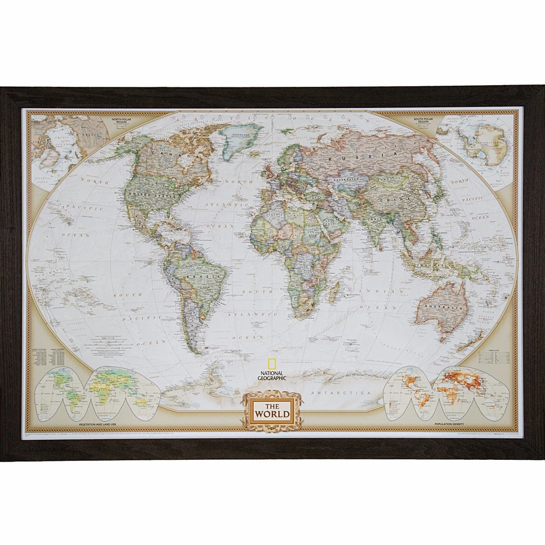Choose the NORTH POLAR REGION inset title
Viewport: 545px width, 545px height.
[x=125, y=121]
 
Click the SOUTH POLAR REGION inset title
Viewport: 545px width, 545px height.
[x=421, y=121]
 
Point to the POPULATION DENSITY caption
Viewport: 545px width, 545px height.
[x=450, y=424]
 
